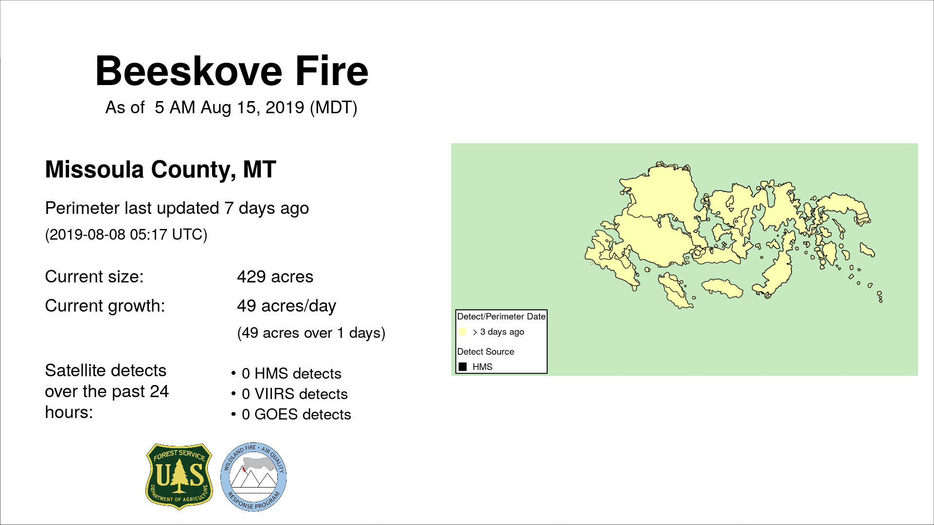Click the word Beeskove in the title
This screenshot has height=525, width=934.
[x=189, y=71]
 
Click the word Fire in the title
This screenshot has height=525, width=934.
[x=332, y=71]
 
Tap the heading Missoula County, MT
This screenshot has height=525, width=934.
[x=161, y=170]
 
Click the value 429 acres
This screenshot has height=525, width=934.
[x=275, y=277]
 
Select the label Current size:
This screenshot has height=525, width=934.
[x=94, y=277]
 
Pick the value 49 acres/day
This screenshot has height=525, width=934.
[x=287, y=306]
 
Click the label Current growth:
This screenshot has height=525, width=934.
[x=105, y=306]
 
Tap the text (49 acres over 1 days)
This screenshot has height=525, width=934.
[x=311, y=333]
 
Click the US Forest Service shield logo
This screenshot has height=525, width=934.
[x=180, y=476]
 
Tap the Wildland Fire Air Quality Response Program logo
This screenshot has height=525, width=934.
[x=253, y=477]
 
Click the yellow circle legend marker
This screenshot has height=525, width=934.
[x=463, y=332]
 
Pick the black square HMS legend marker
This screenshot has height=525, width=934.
[x=463, y=367]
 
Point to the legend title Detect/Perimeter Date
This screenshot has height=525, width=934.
[x=501, y=316]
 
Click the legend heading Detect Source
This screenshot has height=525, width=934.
[x=485, y=351]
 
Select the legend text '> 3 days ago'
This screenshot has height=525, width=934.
[x=499, y=332]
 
